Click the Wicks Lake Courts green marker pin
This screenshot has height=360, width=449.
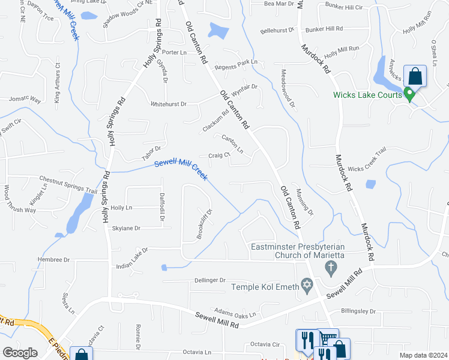[x=409, y=94]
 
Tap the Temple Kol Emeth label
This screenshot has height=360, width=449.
[x=265, y=287]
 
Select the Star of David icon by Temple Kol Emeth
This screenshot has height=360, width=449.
[x=307, y=287]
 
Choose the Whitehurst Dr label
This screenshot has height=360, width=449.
[x=169, y=104]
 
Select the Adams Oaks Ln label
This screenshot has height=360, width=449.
[x=235, y=314]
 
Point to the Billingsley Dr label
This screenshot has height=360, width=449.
[x=358, y=311]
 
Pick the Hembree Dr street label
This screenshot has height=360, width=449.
[x=54, y=260]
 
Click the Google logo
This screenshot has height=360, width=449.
[x=20, y=353]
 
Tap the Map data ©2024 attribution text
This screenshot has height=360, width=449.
[x=423, y=355]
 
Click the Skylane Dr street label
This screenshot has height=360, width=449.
[x=126, y=229]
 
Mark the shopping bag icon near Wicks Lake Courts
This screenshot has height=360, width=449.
[x=415, y=76]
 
